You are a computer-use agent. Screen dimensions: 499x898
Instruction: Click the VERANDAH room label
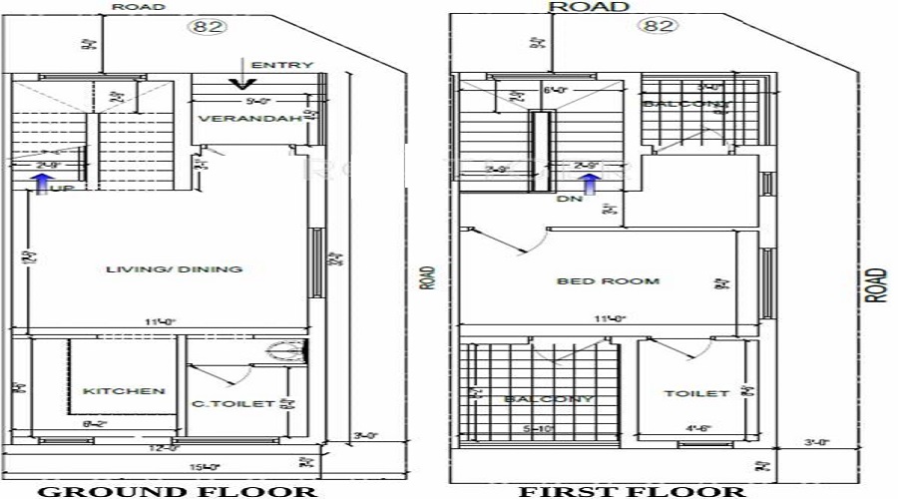(235, 120)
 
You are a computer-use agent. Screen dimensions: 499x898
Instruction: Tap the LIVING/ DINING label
(175, 268)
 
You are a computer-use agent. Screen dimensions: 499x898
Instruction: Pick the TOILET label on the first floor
(696, 393)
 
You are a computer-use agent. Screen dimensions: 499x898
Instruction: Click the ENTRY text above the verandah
(282, 66)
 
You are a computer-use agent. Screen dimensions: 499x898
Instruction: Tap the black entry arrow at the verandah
(238, 72)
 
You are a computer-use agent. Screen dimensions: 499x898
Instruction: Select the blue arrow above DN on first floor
(591, 182)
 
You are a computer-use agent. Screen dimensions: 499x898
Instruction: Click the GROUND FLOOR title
(178, 490)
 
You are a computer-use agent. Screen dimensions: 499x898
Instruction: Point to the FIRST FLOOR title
(631, 490)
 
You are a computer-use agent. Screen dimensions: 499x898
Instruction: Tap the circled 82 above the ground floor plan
(209, 28)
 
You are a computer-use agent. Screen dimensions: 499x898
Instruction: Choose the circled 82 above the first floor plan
(660, 26)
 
